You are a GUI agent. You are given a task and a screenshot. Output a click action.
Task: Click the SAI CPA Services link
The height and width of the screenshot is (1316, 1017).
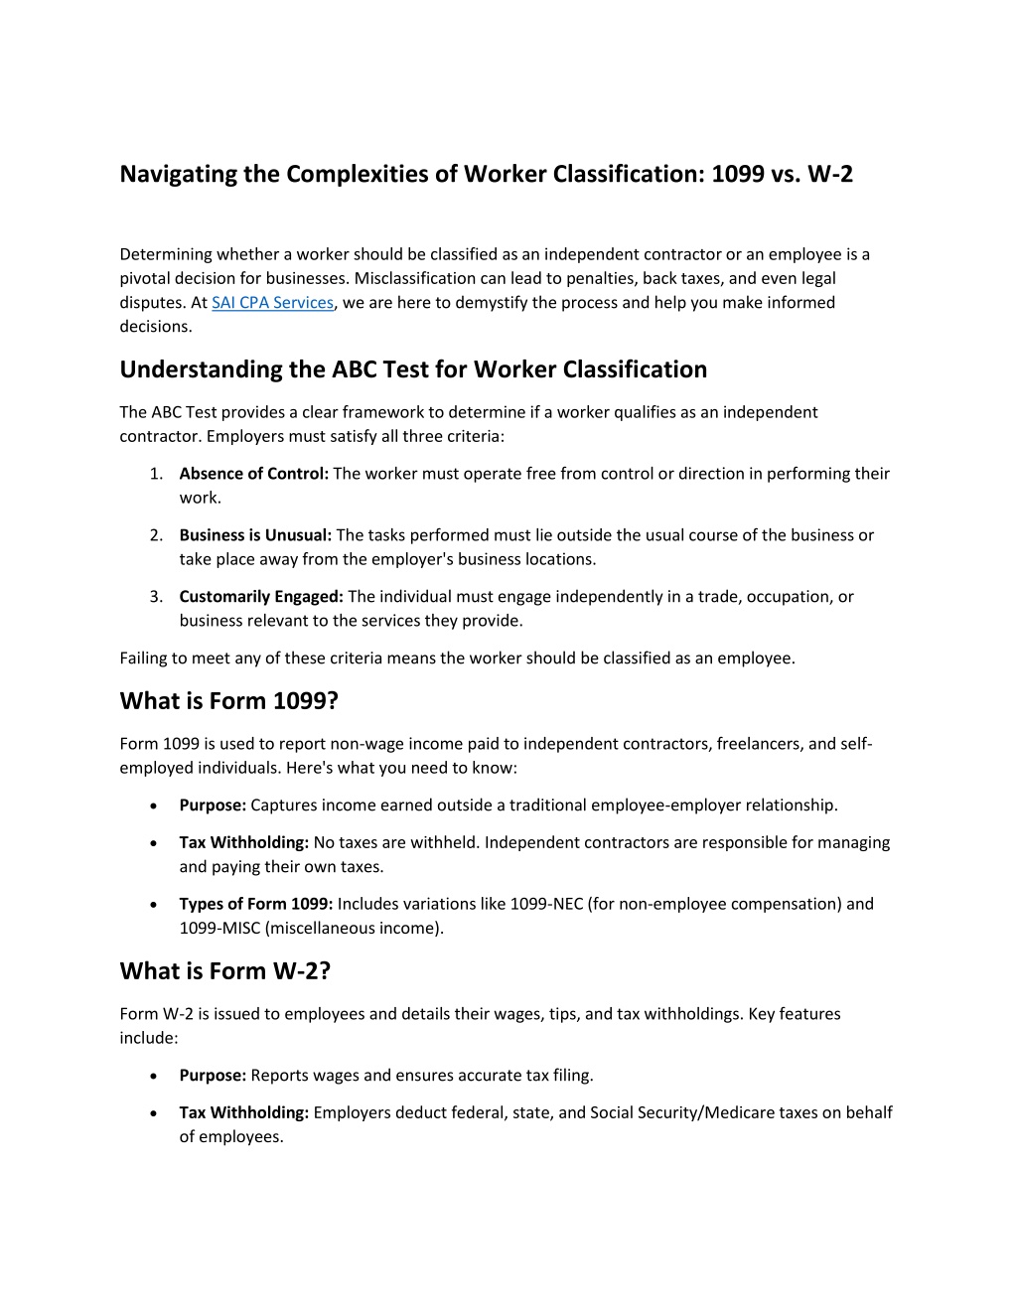pos(272,303)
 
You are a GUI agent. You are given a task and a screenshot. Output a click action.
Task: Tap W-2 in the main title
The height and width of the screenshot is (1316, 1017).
pos(829,175)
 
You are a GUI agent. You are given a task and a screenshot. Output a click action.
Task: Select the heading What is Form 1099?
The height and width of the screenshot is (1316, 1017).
pos(228,701)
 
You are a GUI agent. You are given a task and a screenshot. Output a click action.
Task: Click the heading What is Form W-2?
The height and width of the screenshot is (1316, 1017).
pos(224,971)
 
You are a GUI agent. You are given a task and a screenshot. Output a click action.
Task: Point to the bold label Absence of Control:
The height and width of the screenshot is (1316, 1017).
pos(253,474)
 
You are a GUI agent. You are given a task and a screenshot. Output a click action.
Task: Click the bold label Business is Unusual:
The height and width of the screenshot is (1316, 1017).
pos(255,535)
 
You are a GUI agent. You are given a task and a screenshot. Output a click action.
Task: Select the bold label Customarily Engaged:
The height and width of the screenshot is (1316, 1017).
pos(261,597)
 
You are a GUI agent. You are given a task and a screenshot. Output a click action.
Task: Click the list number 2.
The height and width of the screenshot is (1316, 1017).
pos(156,535)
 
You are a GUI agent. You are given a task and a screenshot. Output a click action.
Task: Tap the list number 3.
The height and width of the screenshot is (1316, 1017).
pos(156,597)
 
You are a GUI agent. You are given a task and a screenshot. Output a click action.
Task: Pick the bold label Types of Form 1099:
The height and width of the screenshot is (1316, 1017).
pos(256,904)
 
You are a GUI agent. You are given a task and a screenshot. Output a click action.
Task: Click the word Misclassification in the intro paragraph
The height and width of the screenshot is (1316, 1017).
pos(415,279)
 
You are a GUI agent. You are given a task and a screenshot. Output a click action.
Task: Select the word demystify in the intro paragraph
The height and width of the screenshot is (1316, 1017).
pos(492,303)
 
